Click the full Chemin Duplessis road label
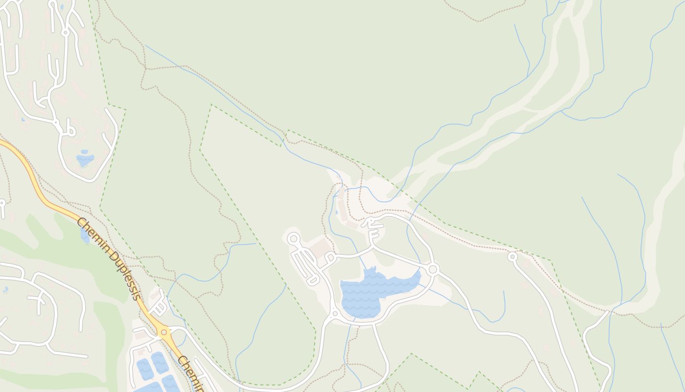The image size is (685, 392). point(109,258)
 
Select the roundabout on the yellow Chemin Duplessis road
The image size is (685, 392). point(166,333)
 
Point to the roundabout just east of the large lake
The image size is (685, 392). point(433,269)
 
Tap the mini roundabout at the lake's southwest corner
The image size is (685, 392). point(335,313)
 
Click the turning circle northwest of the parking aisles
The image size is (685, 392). point(293,239)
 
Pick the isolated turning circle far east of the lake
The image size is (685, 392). point(512,256)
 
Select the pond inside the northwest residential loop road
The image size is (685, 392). point(85,159)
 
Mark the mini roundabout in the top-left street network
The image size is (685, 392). point(65,33)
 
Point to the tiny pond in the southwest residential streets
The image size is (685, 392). point(5,290)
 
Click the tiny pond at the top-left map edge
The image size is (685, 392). point(61,7)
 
